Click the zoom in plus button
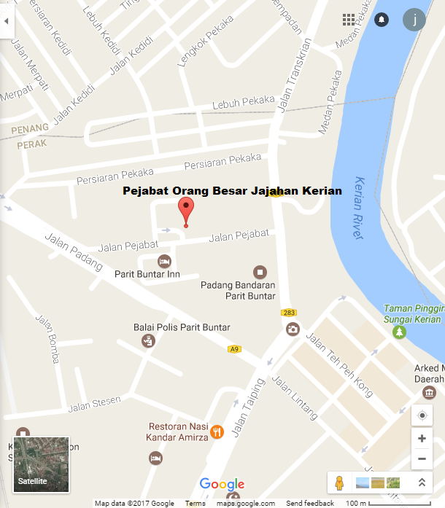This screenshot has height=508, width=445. click(422, 439)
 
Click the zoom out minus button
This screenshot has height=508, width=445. click(422, 459)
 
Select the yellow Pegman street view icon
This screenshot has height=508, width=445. click(338, 482)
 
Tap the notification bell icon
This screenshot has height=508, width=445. click(382, 20)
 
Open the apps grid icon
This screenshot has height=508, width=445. click(349, 20)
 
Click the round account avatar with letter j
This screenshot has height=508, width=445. click(414, 20)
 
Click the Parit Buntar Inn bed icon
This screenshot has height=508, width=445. click(165, 261)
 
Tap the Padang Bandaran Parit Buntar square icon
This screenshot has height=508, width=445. click(258, 271)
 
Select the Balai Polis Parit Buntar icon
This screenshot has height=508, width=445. click(148, 340)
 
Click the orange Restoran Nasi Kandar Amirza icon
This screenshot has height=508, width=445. click(217, 432)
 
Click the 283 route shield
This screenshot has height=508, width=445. click(288, 313)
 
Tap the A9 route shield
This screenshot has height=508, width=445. click(234, 349)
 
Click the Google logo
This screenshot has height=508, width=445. click(222, 485)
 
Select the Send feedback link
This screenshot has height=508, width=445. click(309, 503)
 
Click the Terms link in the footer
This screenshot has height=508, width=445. click(195, 503)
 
